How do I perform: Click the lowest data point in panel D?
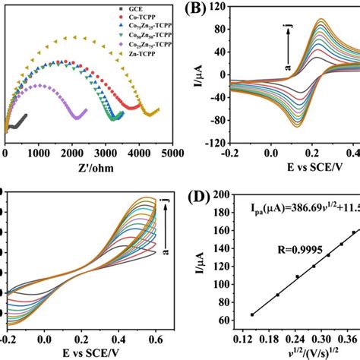[x=252, y=314]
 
